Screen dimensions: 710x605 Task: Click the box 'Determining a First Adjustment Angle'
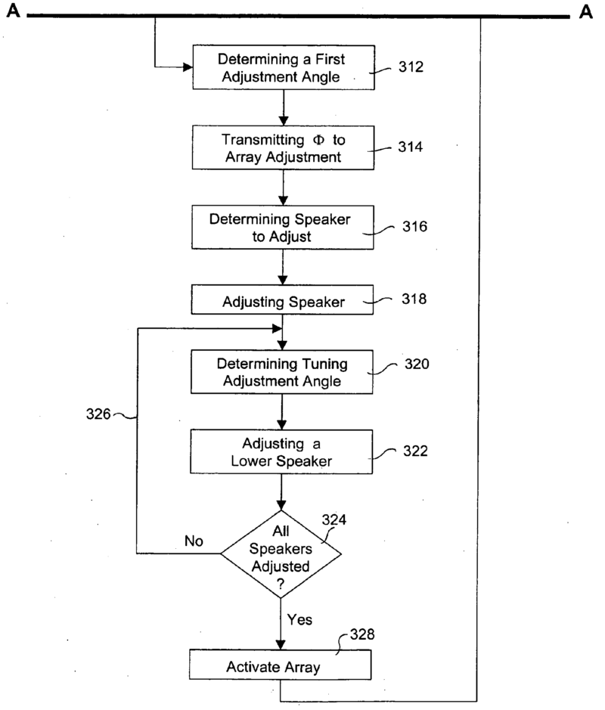[282, 67]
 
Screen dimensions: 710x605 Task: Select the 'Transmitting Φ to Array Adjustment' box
[282, 147]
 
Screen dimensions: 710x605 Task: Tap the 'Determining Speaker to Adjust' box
[282, 227]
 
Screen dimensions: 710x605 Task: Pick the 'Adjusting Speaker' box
[282, 301]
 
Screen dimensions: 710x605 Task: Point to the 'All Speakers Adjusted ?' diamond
[281, 553]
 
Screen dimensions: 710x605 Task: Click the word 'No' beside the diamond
[194, 541]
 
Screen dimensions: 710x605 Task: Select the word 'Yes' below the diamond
[300, 619]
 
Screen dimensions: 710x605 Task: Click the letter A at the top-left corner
[11, 11]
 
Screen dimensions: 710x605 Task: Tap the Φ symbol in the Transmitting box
[302, 139]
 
